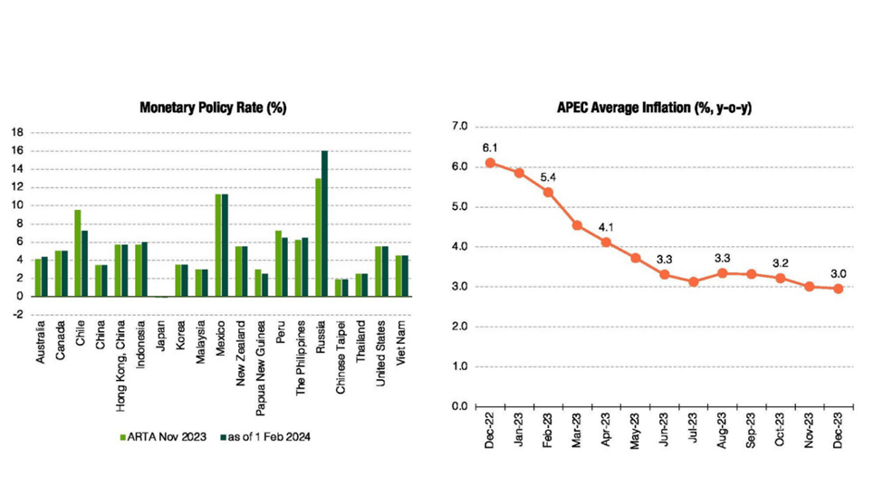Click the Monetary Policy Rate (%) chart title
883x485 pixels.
coord(213,108)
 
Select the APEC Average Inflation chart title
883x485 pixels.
coord(656,108)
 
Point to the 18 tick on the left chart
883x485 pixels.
coord(16,131)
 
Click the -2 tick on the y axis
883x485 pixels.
coord(16,314)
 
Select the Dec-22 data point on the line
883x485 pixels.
coord(490,163)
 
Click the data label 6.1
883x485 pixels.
coord(491,146)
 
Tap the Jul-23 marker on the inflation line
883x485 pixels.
coord(694,281)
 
